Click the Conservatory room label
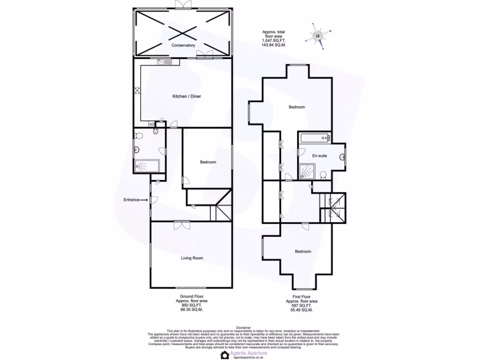click(x=183, y=45)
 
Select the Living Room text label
click(x=192, y=258)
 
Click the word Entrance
click(x=131, y=200)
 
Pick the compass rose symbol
click(x=320, y=36)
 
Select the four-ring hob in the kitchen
click(x=138, y=91)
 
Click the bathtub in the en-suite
click(x=315, y=138)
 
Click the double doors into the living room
click(x=180, y=225)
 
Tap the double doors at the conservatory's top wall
click(x=182, y=4)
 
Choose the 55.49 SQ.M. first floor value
click(x=301, y=310)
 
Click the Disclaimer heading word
click(x=243, y=328)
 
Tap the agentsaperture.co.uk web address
click(x=248, y=357)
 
